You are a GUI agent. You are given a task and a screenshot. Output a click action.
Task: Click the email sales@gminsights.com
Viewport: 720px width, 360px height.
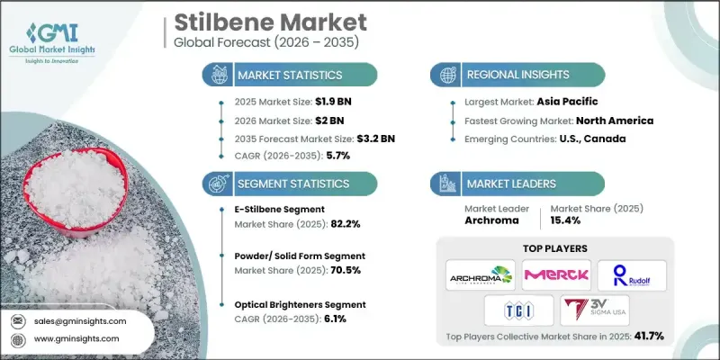(82, 320)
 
